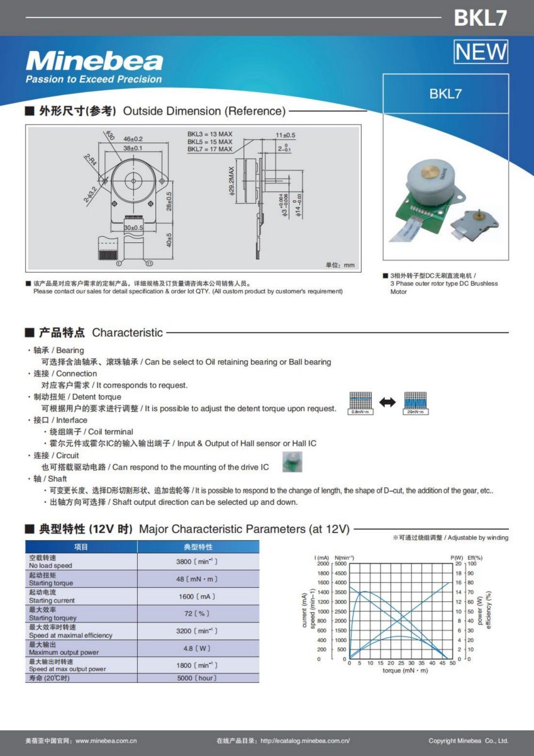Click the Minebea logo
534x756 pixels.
[94, 62]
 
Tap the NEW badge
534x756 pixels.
[481, 52]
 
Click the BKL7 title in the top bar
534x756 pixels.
[480, 18]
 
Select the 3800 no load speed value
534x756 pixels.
[197, 561]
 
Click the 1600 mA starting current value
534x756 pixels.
[197, 596]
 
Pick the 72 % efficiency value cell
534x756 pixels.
[197, 614]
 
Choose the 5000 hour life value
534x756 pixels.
[197, 678]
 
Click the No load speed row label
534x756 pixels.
[51, 566]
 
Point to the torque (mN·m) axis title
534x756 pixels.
[405, 670]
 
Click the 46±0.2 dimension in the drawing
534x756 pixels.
[133, 138]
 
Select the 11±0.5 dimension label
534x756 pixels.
[285, 135]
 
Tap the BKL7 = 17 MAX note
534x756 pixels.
[209, 149]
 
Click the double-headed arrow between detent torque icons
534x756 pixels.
[387, 402]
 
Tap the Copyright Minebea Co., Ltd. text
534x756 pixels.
[468, 741]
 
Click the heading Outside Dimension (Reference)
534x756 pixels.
[204, 111]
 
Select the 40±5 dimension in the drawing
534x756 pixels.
[169, 240]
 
